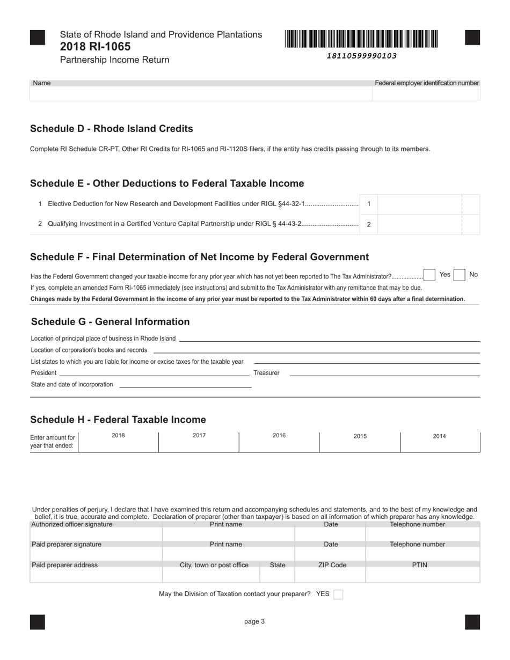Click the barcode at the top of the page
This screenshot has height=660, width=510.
[x=361, y=39]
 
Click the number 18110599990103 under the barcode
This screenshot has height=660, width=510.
[x=361, y=56]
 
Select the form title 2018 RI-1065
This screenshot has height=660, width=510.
[x=95, y=47]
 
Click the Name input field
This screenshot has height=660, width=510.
[x=201, y=93]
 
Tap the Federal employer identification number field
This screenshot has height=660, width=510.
[x=426, y=93]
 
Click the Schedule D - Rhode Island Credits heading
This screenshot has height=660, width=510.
[x=111, y=129]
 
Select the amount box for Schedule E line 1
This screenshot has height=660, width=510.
[x=419, y=204]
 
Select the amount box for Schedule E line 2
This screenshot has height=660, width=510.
[x=419, y=224]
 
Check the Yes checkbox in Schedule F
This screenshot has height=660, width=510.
[x=429, y=275]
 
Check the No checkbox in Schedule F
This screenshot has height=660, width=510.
[x=459, y=275]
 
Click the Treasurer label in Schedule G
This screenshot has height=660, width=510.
[x=266, y=373]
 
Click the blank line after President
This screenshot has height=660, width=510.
[x=154, y=372]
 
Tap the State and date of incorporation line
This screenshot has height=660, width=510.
[x=185, y=384]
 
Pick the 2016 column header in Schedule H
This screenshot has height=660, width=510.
[x=279, y=436]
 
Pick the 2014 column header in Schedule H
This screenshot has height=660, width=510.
[x=439, y=436]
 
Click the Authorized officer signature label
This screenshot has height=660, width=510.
[x=72, y=524]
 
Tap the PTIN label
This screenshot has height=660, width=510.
[x=419, y=565]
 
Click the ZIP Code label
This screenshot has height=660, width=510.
[x=331, y=565]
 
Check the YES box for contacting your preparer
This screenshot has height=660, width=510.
[x=338, y=594]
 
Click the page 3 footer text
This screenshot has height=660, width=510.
[x=254, y=622]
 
